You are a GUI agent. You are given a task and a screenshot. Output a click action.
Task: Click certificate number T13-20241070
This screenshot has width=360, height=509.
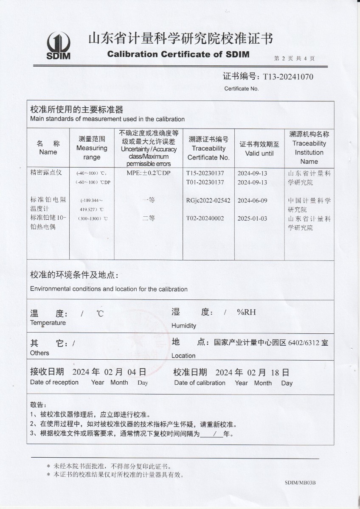[288, 77]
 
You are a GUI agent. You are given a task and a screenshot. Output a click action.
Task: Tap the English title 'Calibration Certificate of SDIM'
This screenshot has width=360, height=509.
[178, 54]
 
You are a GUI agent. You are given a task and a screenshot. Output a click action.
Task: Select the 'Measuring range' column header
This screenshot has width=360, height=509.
[92, 148]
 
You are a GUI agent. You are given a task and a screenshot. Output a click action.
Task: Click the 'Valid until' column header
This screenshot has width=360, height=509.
[259, 148]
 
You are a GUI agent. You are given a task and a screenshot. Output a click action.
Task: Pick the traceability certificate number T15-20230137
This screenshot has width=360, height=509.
[205, 173]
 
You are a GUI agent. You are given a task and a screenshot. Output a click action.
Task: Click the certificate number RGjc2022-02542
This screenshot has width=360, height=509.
[208, 201]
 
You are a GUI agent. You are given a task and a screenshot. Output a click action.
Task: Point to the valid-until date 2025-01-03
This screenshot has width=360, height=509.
[252, 218]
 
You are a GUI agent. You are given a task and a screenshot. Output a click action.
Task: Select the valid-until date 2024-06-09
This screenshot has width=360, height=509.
[252, 201]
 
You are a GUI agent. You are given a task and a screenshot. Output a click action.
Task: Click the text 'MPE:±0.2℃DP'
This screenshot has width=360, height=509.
[148, 173]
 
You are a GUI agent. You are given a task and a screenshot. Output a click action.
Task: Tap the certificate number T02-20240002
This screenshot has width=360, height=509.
[205, 218]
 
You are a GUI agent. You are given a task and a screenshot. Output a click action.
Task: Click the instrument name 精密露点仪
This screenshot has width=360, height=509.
[47, 173]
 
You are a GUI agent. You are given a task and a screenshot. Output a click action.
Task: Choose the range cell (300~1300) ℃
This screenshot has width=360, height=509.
[92, 219]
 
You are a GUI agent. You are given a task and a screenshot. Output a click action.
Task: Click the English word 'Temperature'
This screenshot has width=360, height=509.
[48, 323]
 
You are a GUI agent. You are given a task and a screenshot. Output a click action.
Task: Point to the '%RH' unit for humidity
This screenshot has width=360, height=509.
[247, 313]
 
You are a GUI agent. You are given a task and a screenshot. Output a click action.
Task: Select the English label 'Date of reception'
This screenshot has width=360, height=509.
[54, 383]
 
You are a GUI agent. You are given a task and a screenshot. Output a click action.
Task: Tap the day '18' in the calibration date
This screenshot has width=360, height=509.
[275, 372]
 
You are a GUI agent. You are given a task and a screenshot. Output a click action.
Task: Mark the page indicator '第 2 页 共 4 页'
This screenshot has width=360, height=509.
[295, 59]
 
